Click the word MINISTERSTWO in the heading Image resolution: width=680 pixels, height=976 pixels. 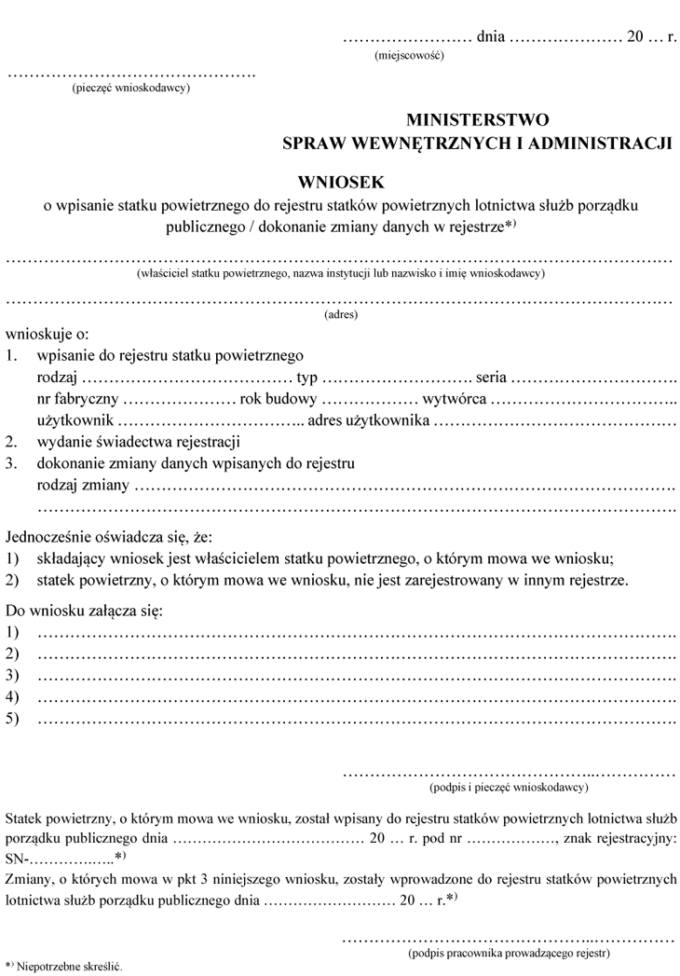click(477, 120)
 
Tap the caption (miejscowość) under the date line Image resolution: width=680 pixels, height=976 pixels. click(409, 56)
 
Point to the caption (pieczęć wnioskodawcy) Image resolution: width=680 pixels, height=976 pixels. click(131, 89)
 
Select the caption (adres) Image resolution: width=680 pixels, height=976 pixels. click(340, 315)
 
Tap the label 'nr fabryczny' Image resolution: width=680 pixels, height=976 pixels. click(77, 401)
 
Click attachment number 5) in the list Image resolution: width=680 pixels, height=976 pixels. click(13, 720)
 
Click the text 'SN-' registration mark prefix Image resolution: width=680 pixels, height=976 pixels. click(18, 858)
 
